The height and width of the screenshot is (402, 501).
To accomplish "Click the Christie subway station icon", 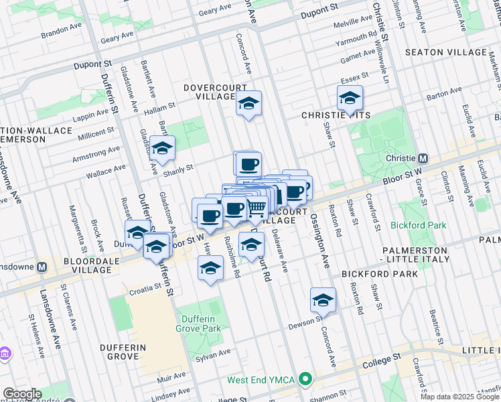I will (423, 159).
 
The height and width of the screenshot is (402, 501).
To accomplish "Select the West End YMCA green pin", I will (306, 380).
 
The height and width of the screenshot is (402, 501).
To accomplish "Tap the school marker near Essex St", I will (350, 99).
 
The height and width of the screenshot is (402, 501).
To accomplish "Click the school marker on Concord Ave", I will (248, 104).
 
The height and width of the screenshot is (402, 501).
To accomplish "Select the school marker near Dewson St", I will (323, 300).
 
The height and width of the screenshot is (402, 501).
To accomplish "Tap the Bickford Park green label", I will (419, 226).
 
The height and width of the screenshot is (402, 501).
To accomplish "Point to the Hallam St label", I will (161, 105).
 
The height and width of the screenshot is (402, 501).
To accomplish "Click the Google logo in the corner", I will (22, 394).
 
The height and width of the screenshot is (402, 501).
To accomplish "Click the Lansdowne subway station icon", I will (42, 266).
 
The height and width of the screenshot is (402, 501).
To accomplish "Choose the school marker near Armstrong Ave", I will (162, 149).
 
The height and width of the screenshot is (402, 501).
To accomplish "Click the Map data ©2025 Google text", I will (460, 397).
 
